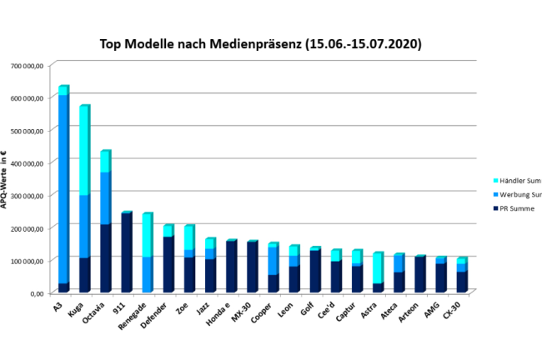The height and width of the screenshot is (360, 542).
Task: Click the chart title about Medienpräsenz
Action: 260,42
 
